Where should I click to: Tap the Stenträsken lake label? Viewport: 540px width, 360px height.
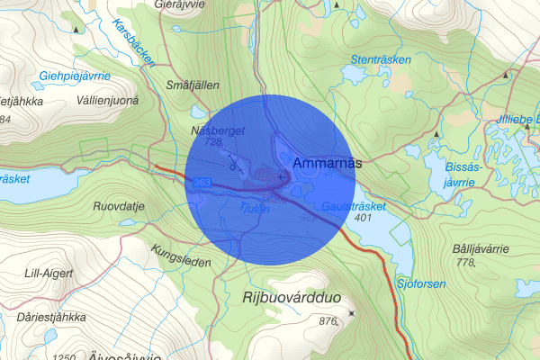(375, 60)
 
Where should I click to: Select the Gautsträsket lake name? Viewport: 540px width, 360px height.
(354, 206)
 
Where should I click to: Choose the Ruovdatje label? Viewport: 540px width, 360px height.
(119, 205)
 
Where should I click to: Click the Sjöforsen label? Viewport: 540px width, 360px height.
(420, 283)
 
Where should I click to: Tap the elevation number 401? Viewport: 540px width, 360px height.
(364, 218)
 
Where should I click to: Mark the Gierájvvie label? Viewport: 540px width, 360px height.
(181, 4)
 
